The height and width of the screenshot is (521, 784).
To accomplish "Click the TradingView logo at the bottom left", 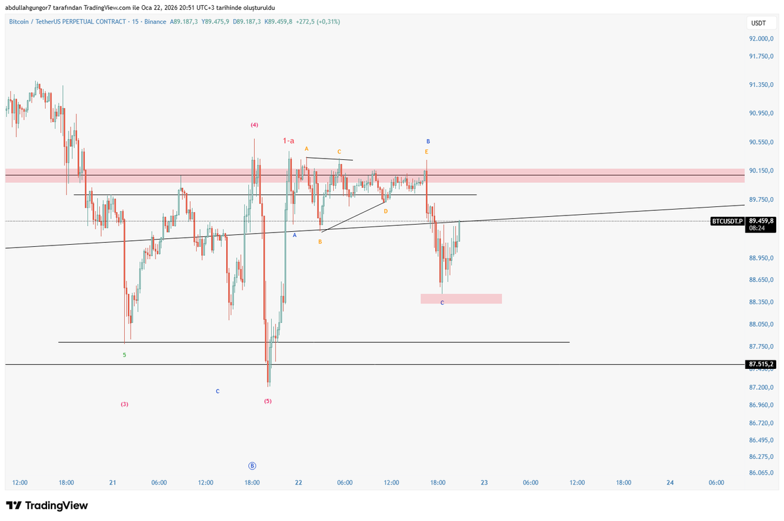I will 46,505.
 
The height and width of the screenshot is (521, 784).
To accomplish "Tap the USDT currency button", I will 759,23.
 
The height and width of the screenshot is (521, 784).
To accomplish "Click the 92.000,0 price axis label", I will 761,39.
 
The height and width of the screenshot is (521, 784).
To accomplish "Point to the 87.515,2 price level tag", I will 760,364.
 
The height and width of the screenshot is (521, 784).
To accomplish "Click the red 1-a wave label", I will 288,140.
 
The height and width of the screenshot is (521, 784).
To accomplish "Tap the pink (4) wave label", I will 254,125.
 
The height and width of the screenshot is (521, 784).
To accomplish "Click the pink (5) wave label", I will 268,401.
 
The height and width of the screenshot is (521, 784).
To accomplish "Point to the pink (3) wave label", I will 124,404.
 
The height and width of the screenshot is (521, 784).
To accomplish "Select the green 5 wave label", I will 124,355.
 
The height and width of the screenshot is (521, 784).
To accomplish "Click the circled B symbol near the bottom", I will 252,466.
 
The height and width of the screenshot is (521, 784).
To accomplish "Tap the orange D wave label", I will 385,211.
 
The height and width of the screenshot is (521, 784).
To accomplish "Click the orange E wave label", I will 427,151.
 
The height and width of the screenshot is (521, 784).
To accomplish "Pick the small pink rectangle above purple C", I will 461,298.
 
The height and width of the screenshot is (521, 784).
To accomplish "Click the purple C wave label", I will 442,303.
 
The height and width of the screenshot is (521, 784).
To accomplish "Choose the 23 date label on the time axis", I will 484,482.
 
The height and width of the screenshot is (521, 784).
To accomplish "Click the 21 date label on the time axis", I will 112,482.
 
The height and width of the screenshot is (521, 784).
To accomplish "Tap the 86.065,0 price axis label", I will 761,473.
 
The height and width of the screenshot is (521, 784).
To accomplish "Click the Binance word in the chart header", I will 154,22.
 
